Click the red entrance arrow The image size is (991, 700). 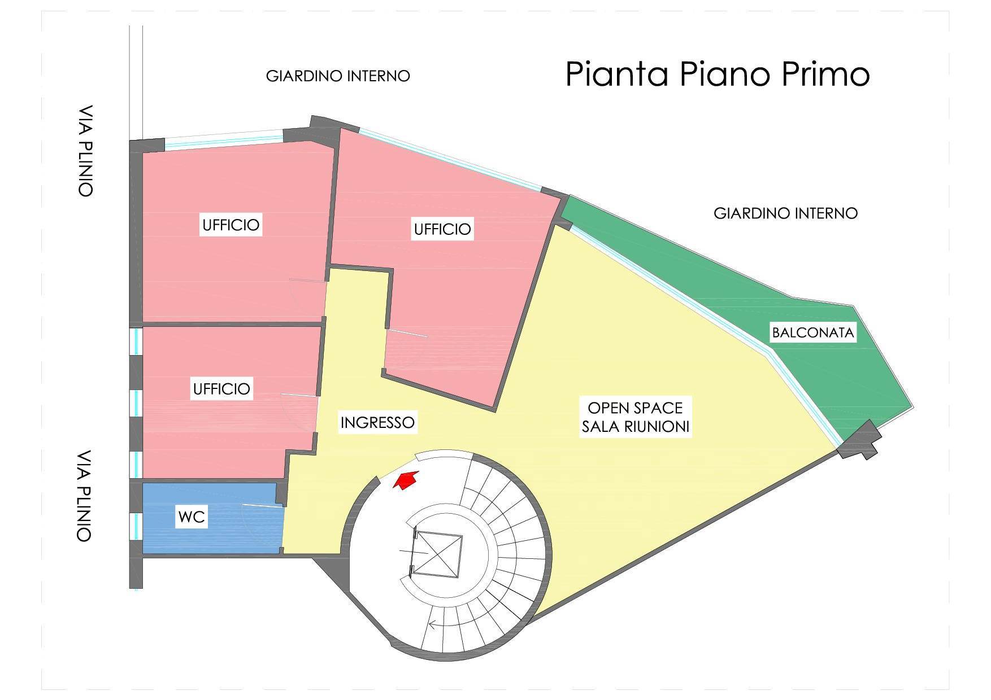coord(405,480)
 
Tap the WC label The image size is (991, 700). coord(192,517)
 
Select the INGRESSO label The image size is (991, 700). coord(377,422)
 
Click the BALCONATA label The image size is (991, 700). coord(813,333)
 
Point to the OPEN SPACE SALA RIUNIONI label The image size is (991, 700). coord(636,417)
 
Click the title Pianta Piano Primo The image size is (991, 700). coord(717,74)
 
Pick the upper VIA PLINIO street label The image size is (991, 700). coord(85,151)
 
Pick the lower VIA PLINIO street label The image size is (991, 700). coord(84,496)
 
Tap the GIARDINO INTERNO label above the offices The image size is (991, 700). coord(338,76)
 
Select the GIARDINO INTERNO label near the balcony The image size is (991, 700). coord(785,213)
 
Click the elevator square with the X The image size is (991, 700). coord(438,555)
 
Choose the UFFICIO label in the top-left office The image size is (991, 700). coord(231,225)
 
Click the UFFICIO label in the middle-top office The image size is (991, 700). coord(442,229)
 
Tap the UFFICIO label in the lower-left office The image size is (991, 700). coord(221,389)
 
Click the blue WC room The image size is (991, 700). coord(212,518)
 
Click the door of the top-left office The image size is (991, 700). coord(308,280)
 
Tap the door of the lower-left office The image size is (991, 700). coord(299,395)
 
